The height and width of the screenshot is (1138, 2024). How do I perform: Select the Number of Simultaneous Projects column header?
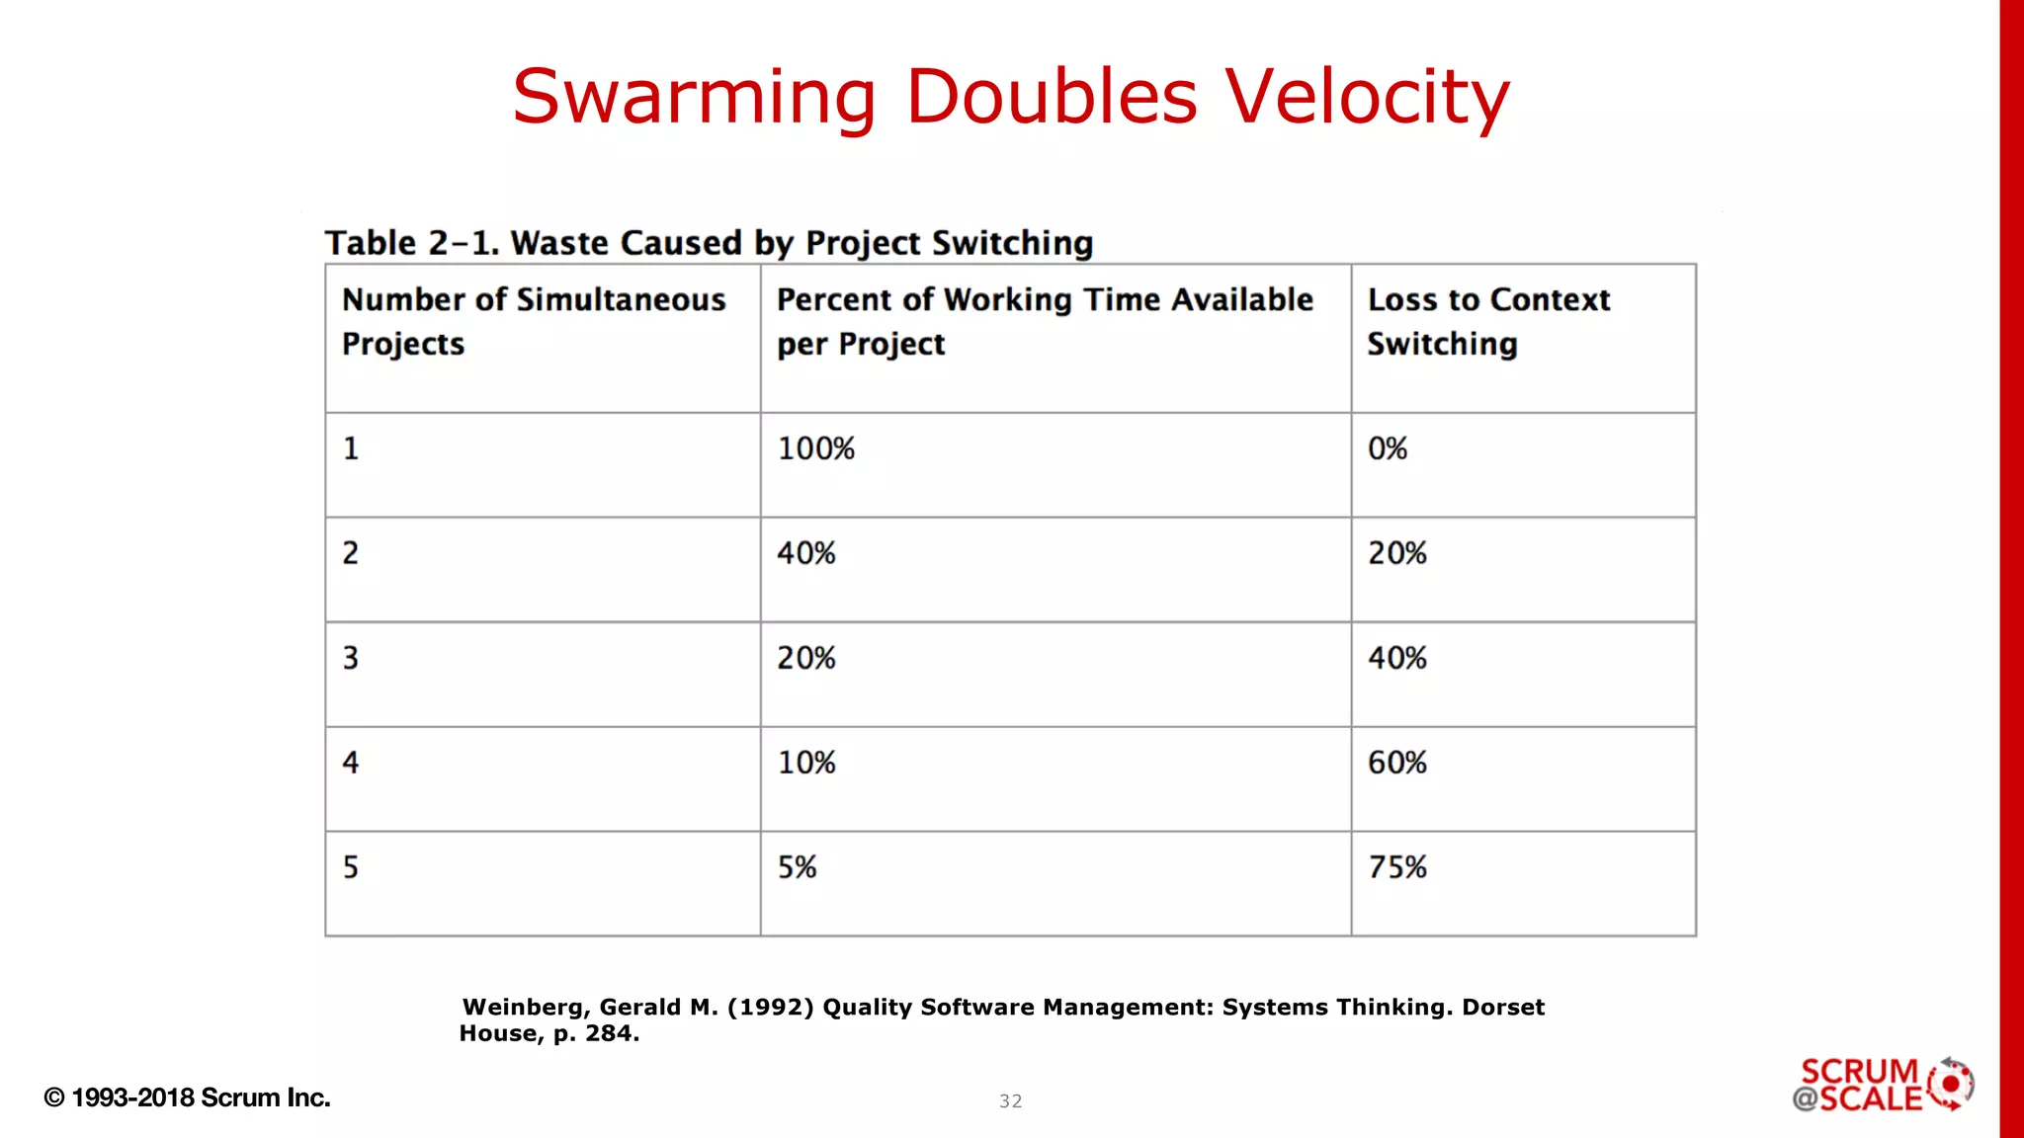(x=534, y=321)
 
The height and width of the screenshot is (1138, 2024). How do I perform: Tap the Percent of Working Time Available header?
(x=1045, y=321)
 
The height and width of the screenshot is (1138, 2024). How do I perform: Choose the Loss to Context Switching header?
(x=1488, y=321)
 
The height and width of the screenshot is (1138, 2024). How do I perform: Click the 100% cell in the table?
(x=815, y=448)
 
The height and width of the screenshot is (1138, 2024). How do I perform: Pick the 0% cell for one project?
(x=1388, y=448)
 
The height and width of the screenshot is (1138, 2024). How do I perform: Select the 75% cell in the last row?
(x=1397, y=867)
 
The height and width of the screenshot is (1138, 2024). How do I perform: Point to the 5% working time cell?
(x=797, y=867)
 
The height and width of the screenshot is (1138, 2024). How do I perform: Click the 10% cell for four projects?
(x=806, y=763)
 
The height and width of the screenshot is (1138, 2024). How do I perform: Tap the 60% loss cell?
(x=1397, y=763)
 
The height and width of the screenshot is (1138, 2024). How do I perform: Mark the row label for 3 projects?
(x=351, y=658)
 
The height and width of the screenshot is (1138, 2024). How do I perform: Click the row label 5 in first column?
(x=351, y=867)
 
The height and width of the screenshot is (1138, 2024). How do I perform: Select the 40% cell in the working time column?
(x=806, y=553)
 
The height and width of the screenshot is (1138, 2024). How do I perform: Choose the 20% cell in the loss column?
(x=1397, y=553)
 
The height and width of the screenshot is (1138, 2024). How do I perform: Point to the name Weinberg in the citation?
(x=526, y=1007)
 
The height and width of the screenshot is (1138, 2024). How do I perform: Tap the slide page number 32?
(x=1010, y=1100)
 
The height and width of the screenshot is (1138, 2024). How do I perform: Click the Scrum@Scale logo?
(x=1883, y=1085)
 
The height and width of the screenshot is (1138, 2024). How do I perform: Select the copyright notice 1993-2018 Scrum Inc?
(x=188, y=1097)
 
